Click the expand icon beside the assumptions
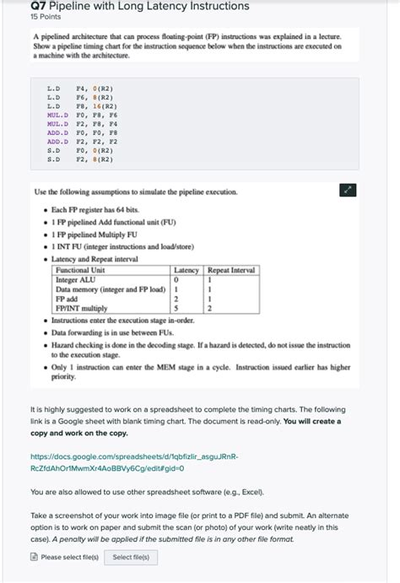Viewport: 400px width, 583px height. click(x=347, y=191)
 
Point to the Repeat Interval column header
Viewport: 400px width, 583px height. click(x=231, y=270)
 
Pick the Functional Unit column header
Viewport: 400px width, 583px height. click(x=86, y=270)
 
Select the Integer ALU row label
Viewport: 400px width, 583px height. click(x=76, y=279)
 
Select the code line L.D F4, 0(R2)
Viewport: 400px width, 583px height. click(x=81, y=88)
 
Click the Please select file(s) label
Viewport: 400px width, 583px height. click(x=69, y=557)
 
